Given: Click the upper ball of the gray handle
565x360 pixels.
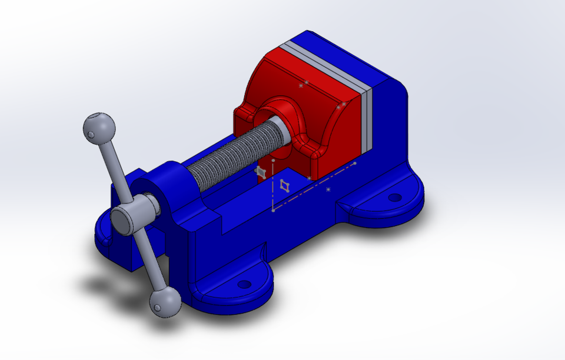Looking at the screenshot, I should (x=99, y=126).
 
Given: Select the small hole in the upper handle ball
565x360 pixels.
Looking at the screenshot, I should (x=91, y=135).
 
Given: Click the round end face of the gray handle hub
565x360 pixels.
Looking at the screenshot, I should (x=124, y=220).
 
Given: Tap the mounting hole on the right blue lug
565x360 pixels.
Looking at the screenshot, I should (x=395, y=197).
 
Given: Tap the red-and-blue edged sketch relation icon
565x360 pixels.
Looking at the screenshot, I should (x=285, y=186).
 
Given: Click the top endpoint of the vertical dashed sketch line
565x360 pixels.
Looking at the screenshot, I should (x=274, y=159).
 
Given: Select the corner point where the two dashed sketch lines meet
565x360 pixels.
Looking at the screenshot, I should (x=274, y=209).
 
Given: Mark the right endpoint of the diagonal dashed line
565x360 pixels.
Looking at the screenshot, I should (x=355, y=163).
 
